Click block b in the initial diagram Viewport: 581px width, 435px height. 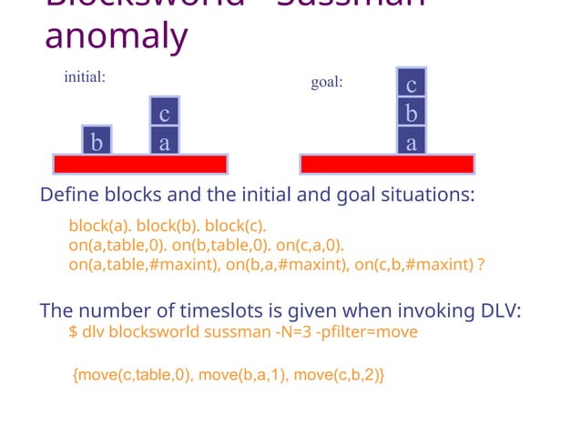[97, 142]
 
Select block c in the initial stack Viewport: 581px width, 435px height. [164, 114]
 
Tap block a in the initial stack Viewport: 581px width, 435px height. [164, 142]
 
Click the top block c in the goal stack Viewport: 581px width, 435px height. [412, 85]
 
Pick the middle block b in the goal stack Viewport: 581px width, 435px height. [412, 114]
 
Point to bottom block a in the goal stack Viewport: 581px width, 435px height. [412, 142]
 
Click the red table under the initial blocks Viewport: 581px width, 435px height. [139, 164]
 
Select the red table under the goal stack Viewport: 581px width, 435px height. [387, 164]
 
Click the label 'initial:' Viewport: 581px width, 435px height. [85, 77]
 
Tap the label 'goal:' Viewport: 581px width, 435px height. [327, 82]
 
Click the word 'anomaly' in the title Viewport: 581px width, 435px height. [117, 36]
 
